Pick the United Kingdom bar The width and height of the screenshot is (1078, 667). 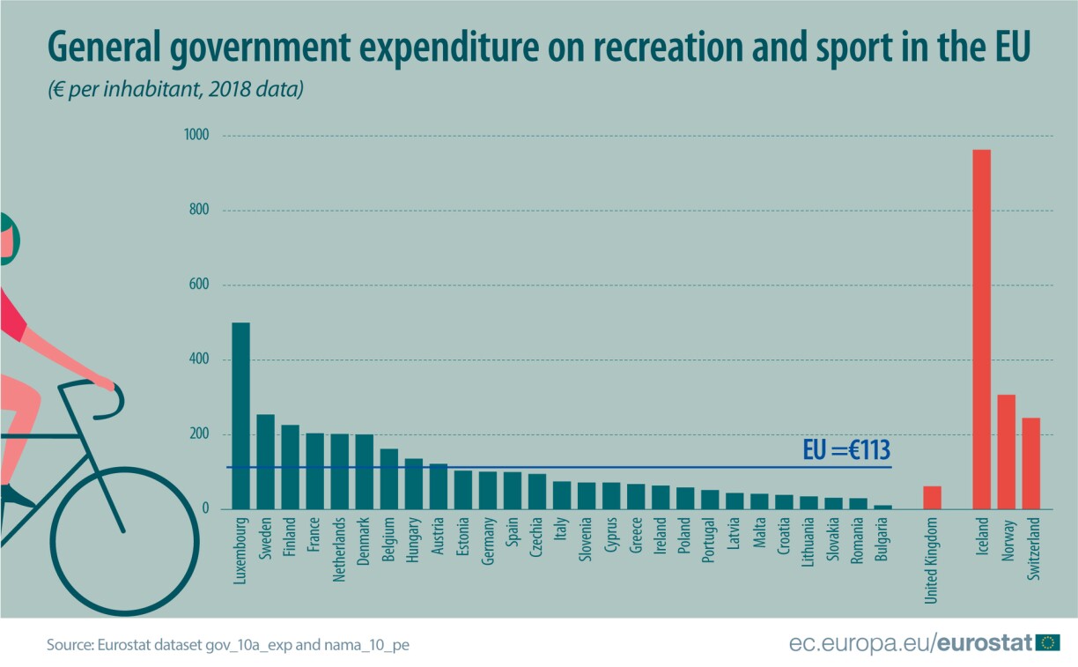pos(932,498)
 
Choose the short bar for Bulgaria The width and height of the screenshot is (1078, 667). pos(882,507)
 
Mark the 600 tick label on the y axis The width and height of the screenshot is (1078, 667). pos(198,285)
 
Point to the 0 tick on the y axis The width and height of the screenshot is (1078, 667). pos(205,509)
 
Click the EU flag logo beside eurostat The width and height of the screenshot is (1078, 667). pos(1047,642)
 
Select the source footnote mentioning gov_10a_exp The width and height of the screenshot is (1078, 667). pos(228,645)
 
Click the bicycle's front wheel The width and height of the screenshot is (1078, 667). pos(123,531)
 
